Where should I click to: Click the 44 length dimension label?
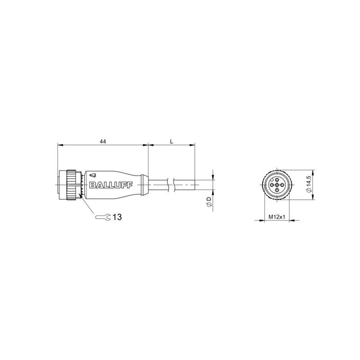tap(103, 141)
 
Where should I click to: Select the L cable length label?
tap(171, 141)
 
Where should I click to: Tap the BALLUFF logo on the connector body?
tap(111, 185)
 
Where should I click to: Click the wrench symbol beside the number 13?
tap(103, 217)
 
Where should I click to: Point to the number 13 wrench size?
tap(117, 217)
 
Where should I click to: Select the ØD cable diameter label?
tap(209, 201)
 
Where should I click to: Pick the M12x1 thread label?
tap(277, 216)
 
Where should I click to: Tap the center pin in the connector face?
tap(277, 185)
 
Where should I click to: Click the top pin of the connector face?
tap(277, 180)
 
